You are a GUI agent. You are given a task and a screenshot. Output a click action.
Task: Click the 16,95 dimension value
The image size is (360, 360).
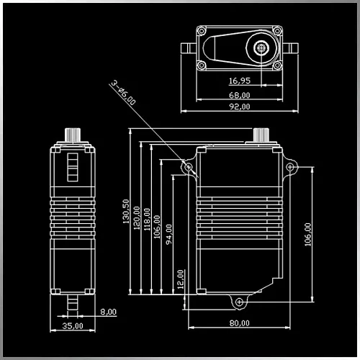point(240,81)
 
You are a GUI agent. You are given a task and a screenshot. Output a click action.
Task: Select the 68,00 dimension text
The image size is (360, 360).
point(240,95)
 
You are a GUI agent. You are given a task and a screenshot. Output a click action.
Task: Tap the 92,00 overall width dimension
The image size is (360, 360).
point(240,107)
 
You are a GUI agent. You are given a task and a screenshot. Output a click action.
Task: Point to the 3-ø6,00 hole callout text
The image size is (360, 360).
point(123,93)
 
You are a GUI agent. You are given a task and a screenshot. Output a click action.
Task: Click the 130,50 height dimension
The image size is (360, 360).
point(126,212)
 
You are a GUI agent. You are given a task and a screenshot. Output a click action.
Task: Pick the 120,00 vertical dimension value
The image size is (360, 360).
point(136,218)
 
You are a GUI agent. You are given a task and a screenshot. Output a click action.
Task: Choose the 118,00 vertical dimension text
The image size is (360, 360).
point(147,220)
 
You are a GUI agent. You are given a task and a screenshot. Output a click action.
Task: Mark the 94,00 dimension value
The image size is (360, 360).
point(168,234)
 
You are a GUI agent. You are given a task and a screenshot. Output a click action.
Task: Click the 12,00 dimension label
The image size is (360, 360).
point(180,279)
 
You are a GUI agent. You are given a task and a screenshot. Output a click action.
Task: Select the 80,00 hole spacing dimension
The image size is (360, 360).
point(240,323)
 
